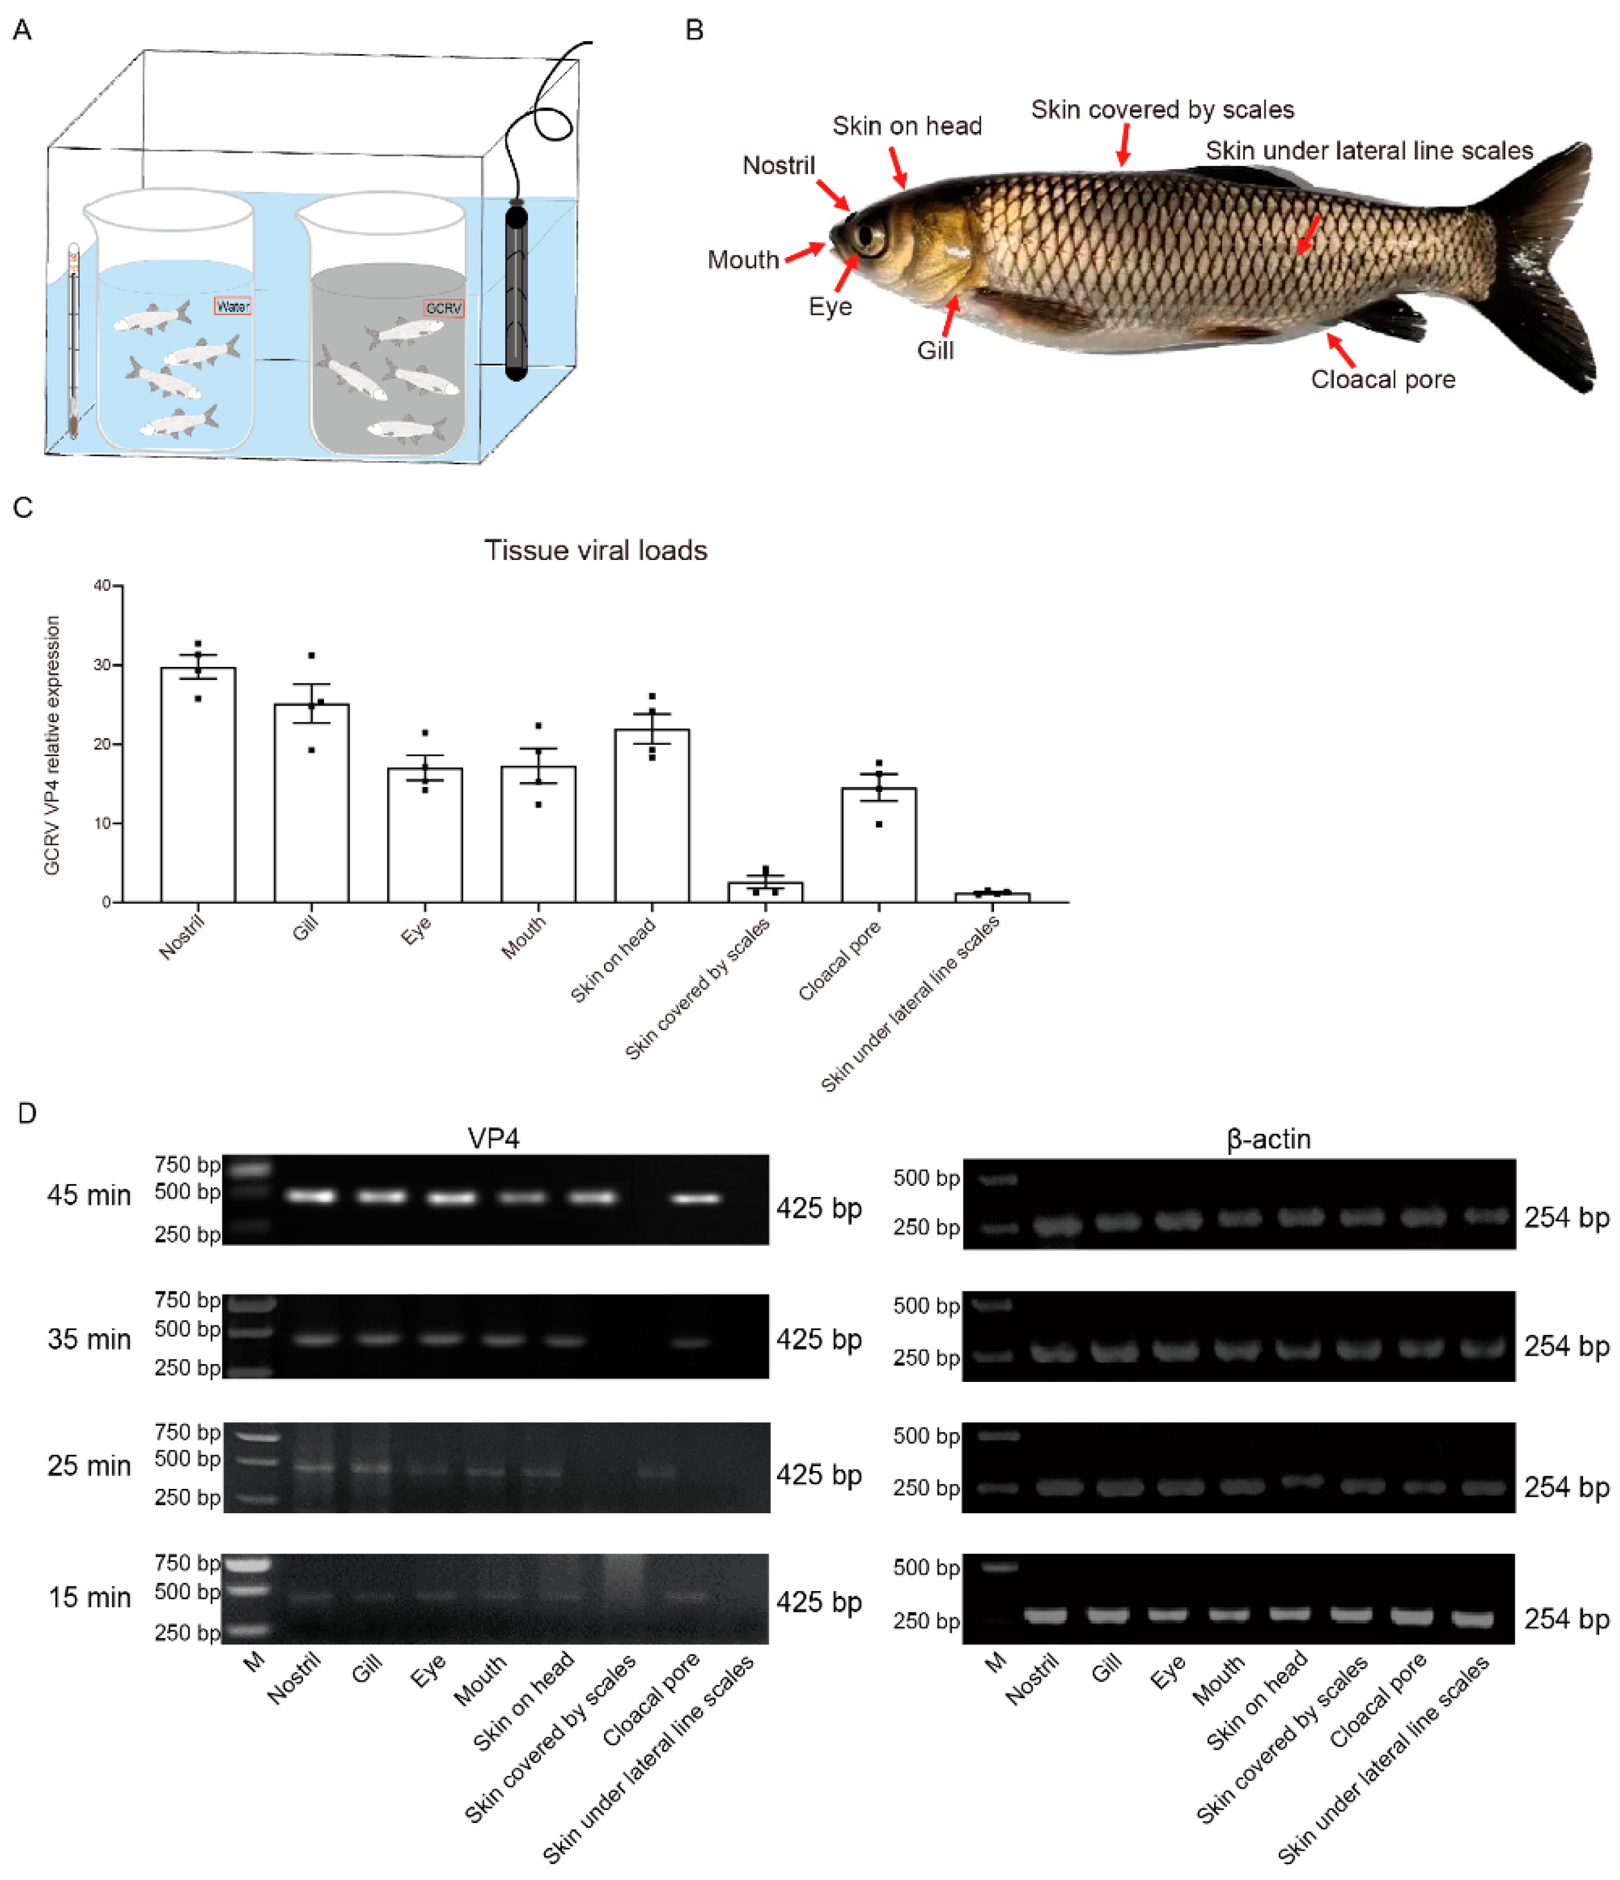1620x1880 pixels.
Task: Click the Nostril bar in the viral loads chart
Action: [x=198, y=785]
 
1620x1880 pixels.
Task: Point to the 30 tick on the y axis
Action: [x=103, y=665]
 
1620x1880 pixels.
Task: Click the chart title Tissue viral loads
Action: [x=595, y=551]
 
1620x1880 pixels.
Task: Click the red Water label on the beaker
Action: [x=232, y=307]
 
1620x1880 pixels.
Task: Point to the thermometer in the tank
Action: [x=74, y=340]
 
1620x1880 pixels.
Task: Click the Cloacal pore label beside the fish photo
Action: [x=1382, y=379]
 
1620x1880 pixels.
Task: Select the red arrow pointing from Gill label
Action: [x=950, y=317]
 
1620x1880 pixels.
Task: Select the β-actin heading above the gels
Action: [x=1268, y=1139]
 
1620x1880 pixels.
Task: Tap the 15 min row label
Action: [x=89, y=1597]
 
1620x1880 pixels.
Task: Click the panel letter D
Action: [x=27, y=1113]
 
